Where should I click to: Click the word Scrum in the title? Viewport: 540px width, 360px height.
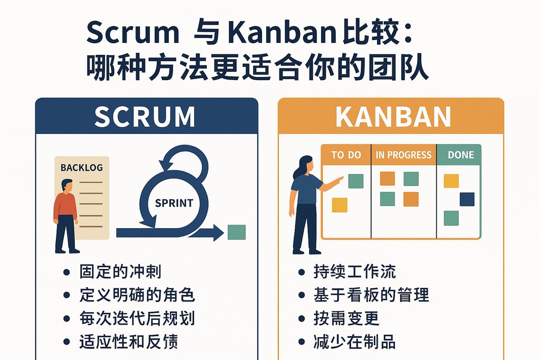tap(132, 34)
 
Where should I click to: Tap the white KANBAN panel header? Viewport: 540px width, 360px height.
tap(393, 117)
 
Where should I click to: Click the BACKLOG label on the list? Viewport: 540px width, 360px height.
tap(82, 168)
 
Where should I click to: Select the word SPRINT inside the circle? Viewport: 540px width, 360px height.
tap(174, 202)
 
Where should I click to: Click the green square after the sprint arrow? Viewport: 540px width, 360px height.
tap(236, 232)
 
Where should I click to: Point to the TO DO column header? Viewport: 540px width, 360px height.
tap(346, 155)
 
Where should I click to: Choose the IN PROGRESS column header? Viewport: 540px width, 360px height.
tap(403, 155)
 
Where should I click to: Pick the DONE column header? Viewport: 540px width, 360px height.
tap(460, 155)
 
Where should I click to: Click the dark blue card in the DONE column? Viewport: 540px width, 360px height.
tap(467, 199)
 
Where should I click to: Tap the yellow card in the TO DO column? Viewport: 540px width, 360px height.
tap(340, 205)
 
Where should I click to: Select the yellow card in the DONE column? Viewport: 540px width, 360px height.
tap(451, 181)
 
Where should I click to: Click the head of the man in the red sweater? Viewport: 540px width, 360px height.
tap(67, 186)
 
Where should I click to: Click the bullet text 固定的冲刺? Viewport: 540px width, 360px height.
tap(120, 272)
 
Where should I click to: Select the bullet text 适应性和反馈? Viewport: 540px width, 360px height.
tap(128, 342)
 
